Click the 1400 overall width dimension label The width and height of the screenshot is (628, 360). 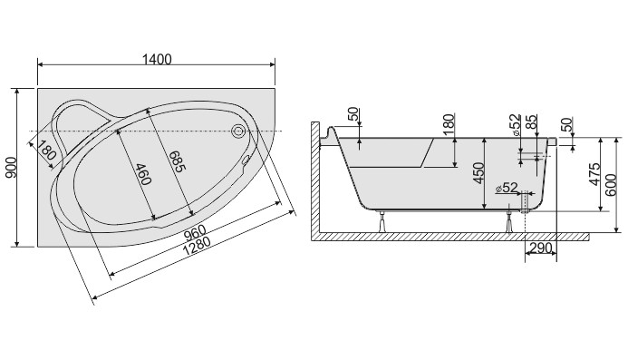click(157, 59)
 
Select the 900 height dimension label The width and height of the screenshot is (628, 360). click(11, 168)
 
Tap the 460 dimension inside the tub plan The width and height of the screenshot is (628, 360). click(143, 174)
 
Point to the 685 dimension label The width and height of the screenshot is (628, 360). click(178, 161)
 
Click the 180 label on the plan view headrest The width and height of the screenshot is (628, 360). click(47, 149)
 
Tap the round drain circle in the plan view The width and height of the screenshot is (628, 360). click(238, 131)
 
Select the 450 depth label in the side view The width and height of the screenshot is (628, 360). click(478, 173)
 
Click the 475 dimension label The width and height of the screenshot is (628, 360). click(594, 174)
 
